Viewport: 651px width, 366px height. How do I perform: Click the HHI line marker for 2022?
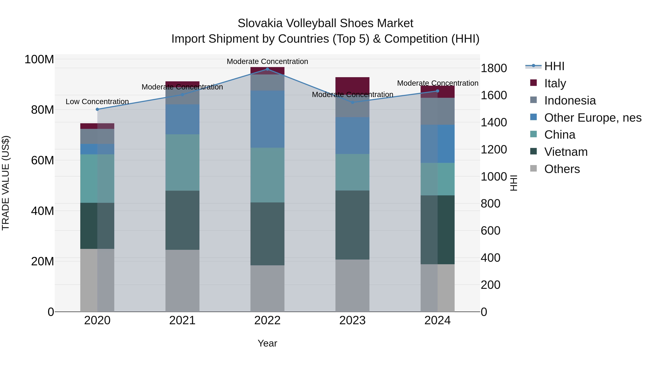[x=267, y=69]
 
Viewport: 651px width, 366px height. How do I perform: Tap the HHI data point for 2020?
[x=97, y=109]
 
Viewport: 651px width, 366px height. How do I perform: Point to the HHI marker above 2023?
[x=352, y=102]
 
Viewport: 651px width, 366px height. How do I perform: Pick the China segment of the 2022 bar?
[x=267, y=175]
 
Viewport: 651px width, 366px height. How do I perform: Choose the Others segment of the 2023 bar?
[x=352, y=285]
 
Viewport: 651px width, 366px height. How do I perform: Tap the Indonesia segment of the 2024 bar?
[x=437, y=111]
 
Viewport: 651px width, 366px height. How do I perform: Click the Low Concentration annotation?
[x=97, y=102]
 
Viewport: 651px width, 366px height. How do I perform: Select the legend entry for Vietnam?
[x=566, y=152]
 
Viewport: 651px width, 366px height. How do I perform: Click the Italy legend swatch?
[x=533, y=83]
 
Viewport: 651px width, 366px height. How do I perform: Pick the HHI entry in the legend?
[x=554, y=66]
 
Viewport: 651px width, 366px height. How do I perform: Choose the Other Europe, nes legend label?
[x=593, y=118]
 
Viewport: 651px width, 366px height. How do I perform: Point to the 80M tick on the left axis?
[x=42, y=110]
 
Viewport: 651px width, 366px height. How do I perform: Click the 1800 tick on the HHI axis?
[x=493, y=68]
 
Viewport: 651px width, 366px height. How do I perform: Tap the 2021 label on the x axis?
[x=182, y=320]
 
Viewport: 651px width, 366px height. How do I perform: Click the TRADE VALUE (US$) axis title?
[x=6, y=183]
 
